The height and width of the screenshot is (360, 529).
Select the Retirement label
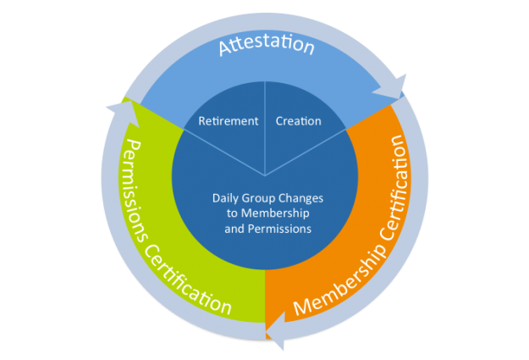[x=229, y=121]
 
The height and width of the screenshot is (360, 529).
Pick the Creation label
[x=299, y=121]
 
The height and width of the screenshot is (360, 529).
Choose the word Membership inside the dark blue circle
[x=271, y=213]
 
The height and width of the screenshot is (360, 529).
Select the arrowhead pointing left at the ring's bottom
[x=276, y=335]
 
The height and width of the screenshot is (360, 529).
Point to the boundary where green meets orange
[x=266, y=297]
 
